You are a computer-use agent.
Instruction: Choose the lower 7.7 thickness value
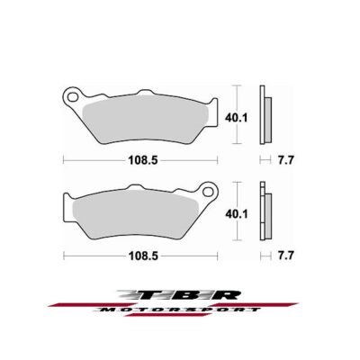tap(285, 256)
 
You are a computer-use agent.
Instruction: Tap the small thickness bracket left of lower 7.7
tap(263, 256)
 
